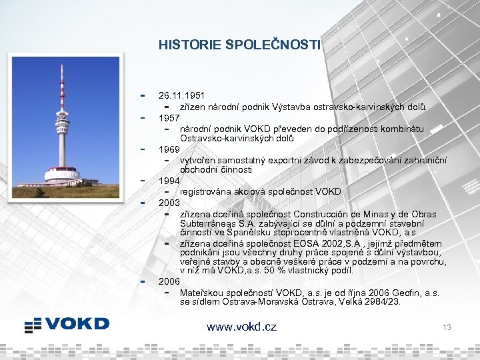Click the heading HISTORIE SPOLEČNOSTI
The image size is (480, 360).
click(239, 45)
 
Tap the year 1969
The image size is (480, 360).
click(169, 149)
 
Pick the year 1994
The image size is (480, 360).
click(169, 181)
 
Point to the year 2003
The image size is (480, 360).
click(169, 202)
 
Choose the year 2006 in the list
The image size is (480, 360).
click(169, 281)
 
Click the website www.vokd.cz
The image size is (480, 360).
click(241, 327)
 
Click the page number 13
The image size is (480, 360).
click(447, 327)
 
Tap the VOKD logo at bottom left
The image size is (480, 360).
click(67, 325)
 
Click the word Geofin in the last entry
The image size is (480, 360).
click(400, 292)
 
